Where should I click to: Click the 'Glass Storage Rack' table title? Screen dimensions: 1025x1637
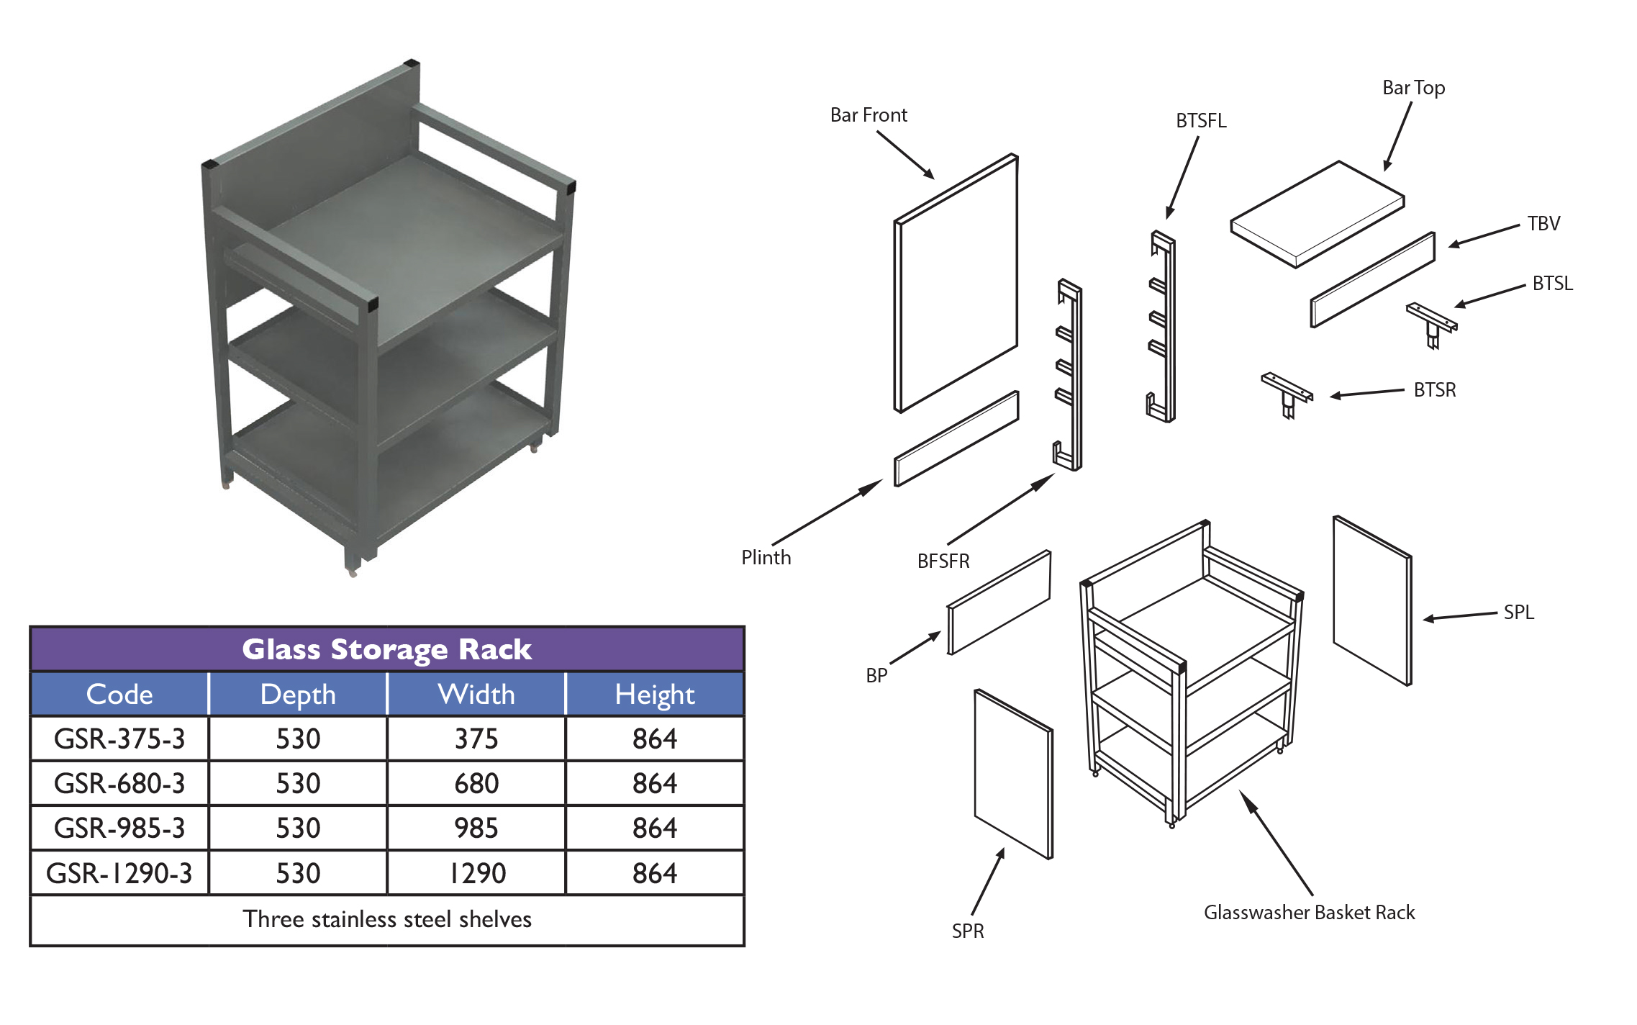click(x=386, y=649)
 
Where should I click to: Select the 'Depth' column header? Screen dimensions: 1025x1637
click(x=298, y=695)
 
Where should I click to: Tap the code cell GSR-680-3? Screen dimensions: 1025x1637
click(x=119, y=783)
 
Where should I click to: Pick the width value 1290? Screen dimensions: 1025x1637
click(x=476, y=873)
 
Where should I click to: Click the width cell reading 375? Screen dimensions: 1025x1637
click(x=476, y=739)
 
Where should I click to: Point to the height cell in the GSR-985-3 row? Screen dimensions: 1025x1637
click(x=655, y=828)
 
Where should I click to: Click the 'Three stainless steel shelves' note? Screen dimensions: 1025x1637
click(x=386, y=919)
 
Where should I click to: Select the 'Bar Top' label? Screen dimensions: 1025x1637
click(x=1413, y=88)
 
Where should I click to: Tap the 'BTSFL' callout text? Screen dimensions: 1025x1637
click(x=1201, y=121)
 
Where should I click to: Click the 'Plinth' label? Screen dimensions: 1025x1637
click(x=766, y=558)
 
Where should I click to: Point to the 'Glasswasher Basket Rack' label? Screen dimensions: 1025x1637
click(x=1309, y=913)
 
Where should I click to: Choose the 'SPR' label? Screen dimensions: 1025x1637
click(x=967, y=931)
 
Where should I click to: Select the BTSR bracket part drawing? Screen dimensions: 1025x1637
click(x=1287, y=393)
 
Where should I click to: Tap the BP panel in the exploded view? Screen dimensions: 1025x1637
click(x=999, y=602)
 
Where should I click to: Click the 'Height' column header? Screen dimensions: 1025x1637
click(x=655, y=695)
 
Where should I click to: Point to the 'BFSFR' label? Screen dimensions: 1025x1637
click(x=943, y=561)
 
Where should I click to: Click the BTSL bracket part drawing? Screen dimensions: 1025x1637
click(x=1432, y=323)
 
